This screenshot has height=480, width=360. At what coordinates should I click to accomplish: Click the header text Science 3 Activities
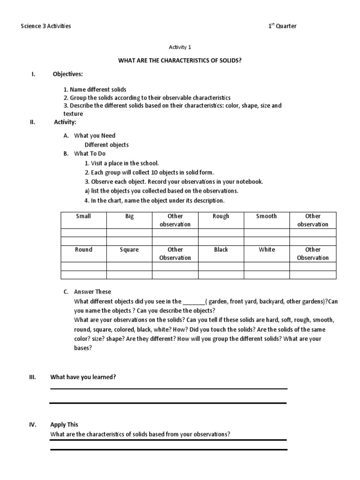tap(46, 26)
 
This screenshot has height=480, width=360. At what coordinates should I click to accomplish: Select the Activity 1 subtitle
tap(180, 47)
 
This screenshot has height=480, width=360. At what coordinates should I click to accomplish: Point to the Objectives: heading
tap(68, 75)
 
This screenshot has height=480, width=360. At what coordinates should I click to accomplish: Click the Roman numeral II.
tap(32, 122)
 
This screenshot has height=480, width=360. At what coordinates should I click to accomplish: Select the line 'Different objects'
tap(106, 145)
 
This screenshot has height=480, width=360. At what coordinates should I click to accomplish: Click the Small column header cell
tap(83, 217)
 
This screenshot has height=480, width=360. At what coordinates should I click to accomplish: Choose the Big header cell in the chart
tap(129, 217)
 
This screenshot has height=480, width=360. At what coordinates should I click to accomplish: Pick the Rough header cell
tap(221, 217)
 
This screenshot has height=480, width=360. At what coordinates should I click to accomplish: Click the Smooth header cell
tap(267, 217)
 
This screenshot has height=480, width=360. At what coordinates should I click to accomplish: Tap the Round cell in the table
tap(83, 250)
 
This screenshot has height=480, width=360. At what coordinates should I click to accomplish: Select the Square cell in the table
tap(129, 250)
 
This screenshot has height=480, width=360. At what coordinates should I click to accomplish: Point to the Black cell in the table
tap(221, 250)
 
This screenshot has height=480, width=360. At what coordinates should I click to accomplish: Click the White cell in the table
tap(267, 250)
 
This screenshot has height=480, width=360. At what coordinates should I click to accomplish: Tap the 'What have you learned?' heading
tap(83, 377)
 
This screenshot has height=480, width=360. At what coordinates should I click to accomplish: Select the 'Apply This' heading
tap(64, 425)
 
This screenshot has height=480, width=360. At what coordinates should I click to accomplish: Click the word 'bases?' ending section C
tap(83, 348)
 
